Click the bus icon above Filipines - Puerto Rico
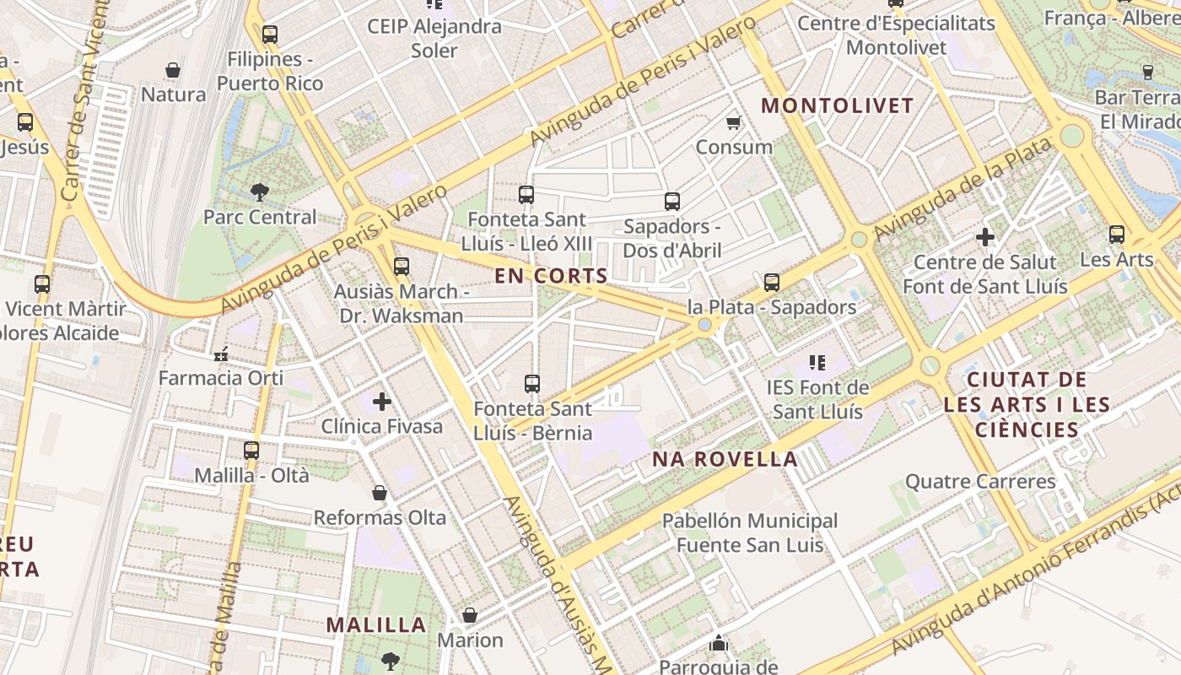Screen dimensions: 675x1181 (x=270, y=35)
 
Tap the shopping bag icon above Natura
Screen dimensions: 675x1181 (x=173, y=70)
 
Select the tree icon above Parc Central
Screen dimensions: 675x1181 (x=260, y=192)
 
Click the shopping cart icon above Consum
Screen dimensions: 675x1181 (x=734, y=122)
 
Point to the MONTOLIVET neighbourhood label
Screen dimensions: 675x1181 (x=838, y=105)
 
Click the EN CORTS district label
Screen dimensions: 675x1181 (x=551, y=275)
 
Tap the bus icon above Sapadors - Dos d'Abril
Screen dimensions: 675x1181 (x=672, y=202)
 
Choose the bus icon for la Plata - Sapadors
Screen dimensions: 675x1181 (x=772, y=283)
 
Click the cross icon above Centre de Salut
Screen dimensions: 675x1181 (x=984, y=238)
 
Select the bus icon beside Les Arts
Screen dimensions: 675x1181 (x=1117, y=235)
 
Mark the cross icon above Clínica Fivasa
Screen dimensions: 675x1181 (x=382, y=402)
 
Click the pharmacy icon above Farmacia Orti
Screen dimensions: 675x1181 (x=221, y=354)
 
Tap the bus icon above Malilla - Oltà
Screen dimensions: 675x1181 (x=251, y=451)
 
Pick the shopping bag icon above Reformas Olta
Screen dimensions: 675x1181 (x=380, y=493)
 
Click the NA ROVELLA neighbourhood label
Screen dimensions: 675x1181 (x=725, y=459)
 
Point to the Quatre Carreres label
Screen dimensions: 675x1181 (x=980, y=482)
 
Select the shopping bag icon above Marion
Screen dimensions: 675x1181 (x=470, y=616)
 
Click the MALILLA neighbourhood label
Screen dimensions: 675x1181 (x=376, y=625)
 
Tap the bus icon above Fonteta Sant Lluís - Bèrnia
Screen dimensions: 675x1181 (x=532, y=384)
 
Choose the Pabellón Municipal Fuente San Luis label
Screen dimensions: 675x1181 (x=750, y=532)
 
